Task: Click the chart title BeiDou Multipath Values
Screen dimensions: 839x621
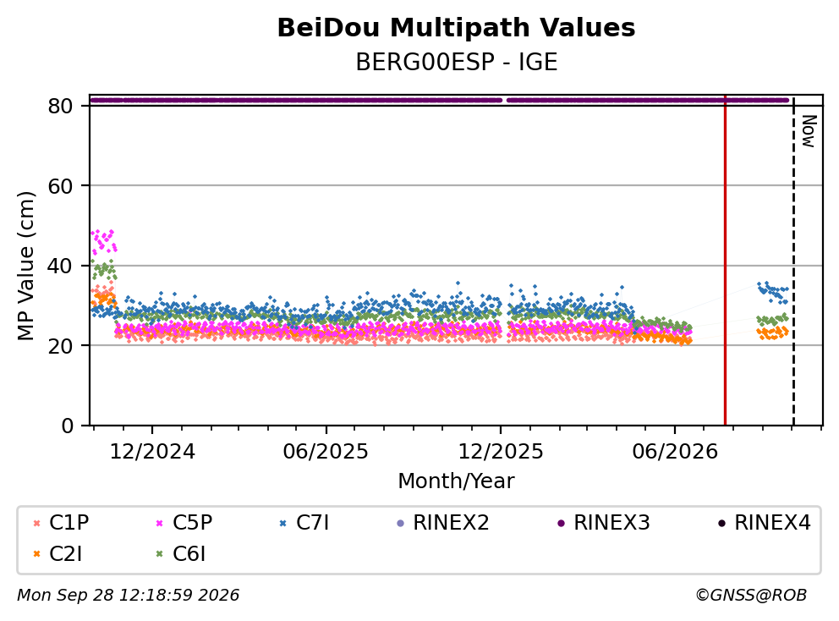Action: pyautogui.click(x=456, y=28)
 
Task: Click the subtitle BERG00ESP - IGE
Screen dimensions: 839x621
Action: pyautogui.click(x=457, y=63)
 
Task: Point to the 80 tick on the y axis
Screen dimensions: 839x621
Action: pyautogui.click(x=60, y=106)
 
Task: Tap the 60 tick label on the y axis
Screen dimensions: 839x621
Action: pyautogui.click(x=60, y=186)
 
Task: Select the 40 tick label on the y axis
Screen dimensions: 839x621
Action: pyautogui.click(x=60, y=266)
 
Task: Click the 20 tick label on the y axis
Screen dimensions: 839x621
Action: pyautogui.click(x=60, y=345)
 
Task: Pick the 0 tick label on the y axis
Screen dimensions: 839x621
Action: pyautogui.click(x=68, y=426)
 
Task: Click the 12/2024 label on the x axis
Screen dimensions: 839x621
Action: pyautogui.click(x=152, y=452)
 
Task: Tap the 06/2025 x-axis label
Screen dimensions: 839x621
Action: pyautogui.click(x=326, y=452)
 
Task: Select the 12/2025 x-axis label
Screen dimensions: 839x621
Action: pyautogui.click(x=501, y=452)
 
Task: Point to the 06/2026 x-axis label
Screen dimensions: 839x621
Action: pyautogui.click(x=675, y=452)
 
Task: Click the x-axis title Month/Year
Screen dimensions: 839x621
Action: pyautogui.click(x=456, y=481)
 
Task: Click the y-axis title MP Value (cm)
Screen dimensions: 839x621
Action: pyautogui.click(x=25, y=266)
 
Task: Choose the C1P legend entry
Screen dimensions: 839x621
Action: pyautogui.click(x=61, y=523)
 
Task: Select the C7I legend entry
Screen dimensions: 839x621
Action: pyautogui.click(x=304, y=523)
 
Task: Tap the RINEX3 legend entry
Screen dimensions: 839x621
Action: pyautogui.click(x=604, y=523)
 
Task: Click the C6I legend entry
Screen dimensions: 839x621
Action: pyautogui.click(x=180, y=554)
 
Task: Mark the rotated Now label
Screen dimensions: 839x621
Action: pyautogui.click(x=808, y=132)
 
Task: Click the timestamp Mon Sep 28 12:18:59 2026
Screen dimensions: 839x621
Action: pyautogui.click(x=129, y=595)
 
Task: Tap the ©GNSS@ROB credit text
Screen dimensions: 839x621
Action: pyautogui.click(x=751, y=595)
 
